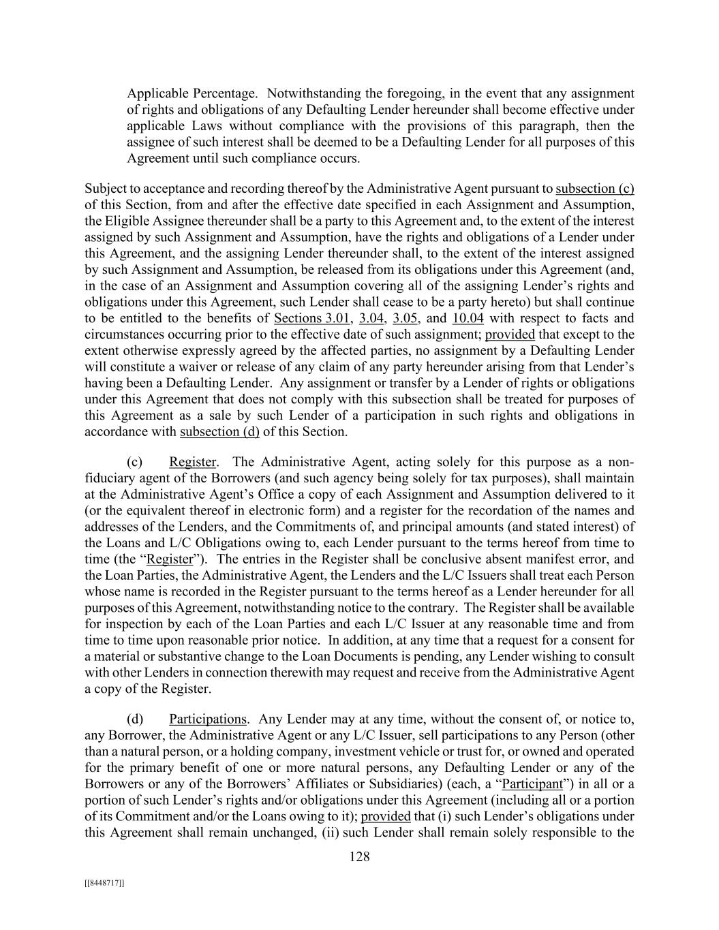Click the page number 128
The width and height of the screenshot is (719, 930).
click(x=359, y=857)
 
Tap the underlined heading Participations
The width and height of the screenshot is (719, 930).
click(x=208, y=719)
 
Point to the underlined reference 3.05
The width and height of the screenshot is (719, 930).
click(x=406, y=318)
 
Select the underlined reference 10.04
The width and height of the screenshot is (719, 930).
click(x=468, y=318)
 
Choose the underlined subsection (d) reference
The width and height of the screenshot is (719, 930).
click(x=219, y=431)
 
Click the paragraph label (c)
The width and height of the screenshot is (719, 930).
click(x=135, y=462)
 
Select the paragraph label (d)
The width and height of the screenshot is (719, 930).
click(x=135, y=719)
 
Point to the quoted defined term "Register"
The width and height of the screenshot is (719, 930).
click(x=170, y=559)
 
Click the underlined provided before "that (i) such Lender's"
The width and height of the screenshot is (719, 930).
click(x=386, y=816)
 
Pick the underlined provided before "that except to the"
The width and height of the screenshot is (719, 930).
click(x=510, y=335)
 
